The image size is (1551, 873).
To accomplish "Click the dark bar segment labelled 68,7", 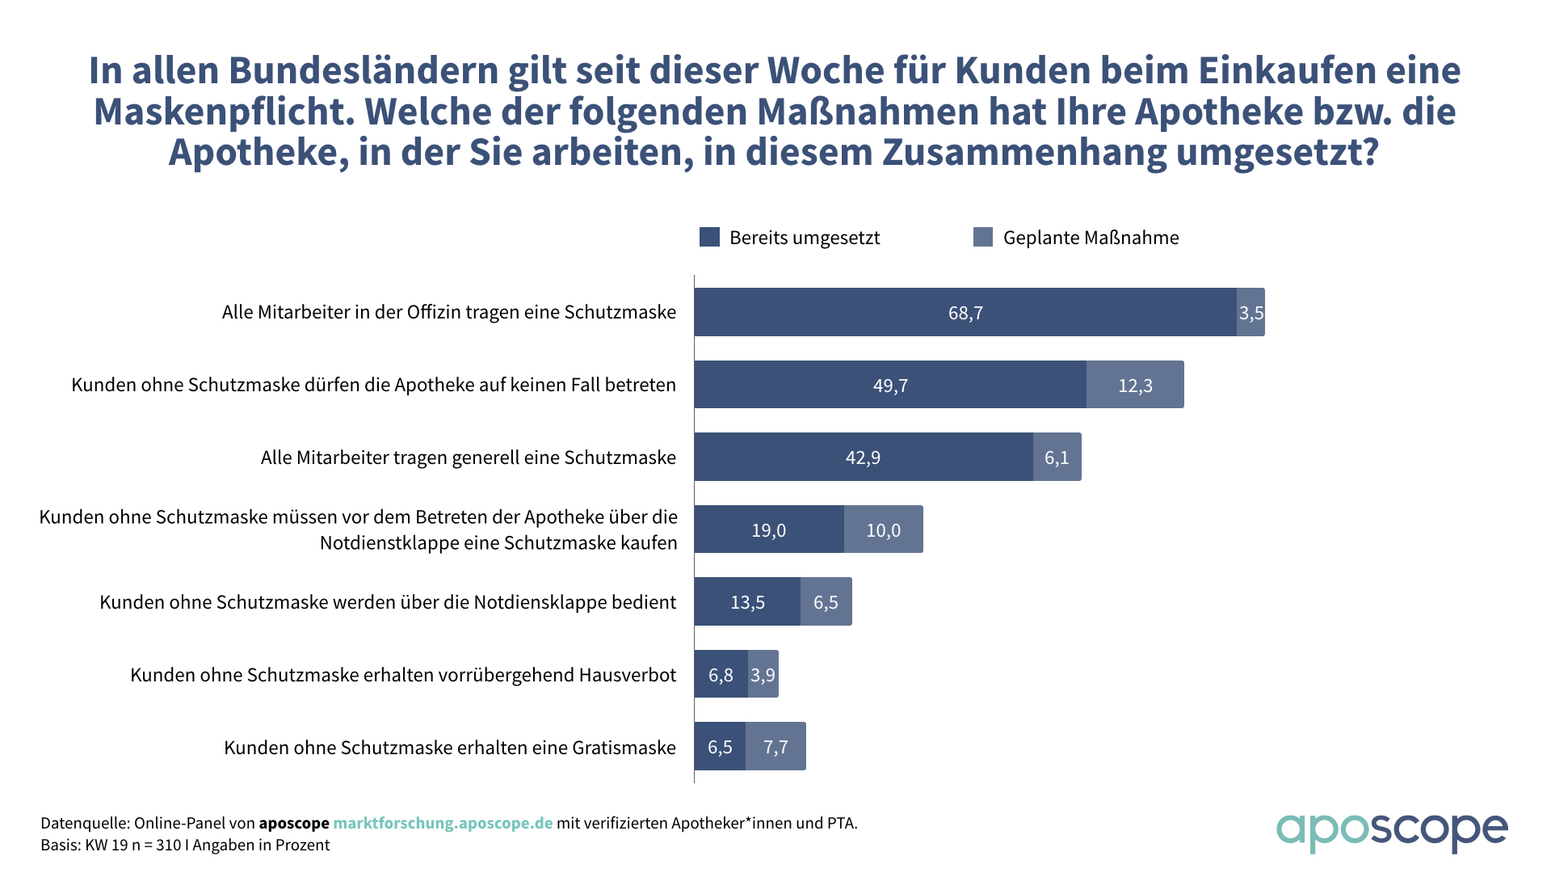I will click(965, 312).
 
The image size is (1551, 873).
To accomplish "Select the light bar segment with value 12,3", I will click(1135, 385).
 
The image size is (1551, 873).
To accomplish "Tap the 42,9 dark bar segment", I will click(863, 458).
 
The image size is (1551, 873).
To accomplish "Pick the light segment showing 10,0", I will click(883, 529).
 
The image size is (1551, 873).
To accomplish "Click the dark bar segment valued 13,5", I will click(747, 602).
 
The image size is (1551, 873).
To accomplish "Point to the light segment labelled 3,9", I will click(763, 674).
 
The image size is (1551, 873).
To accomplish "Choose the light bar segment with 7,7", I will click(775, 747).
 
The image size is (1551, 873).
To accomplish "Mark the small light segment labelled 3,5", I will click(1250, 312).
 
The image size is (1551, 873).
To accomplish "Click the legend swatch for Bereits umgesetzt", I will click(709, 237).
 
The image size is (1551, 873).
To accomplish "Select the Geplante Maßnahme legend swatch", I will click(983, 237).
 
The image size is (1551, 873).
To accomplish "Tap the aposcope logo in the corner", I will click(1391, 831).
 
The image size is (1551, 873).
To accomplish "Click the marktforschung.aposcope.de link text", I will click(443, 823).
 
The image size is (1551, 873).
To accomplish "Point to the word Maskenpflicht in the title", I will click(224, 112).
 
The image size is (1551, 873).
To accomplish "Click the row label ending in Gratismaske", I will click(449, 748).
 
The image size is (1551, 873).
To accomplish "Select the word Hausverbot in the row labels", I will click(627, 675).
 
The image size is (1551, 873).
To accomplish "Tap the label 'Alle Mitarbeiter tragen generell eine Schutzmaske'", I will click(468, 458).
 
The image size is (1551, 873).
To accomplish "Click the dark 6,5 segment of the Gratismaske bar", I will click(720, 747).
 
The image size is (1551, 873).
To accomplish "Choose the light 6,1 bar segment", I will click(1057, 458).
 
